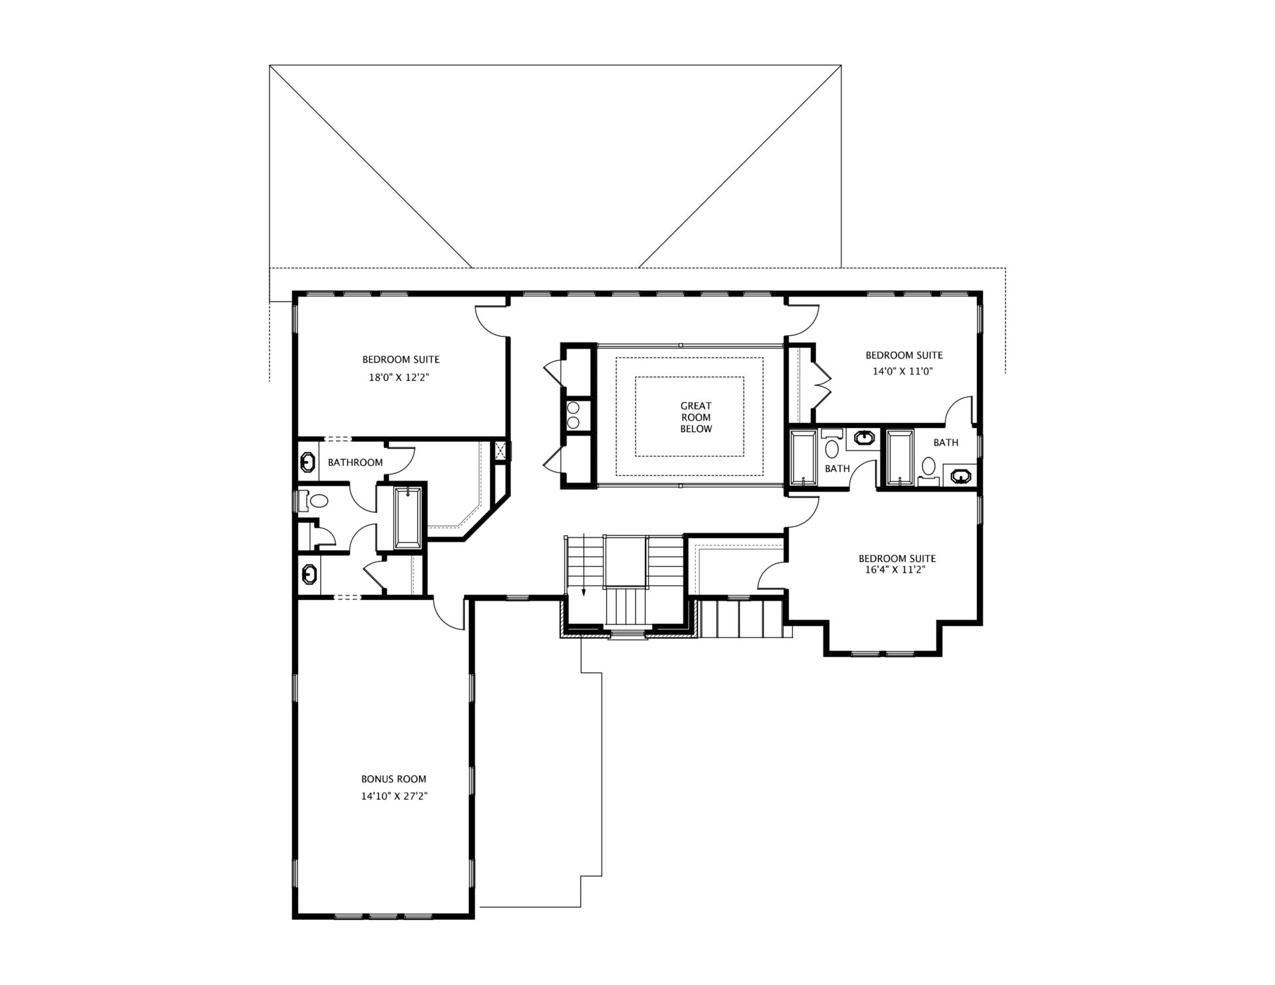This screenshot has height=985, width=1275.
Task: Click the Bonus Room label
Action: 394,779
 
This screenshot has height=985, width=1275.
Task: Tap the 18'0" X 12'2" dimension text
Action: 400,378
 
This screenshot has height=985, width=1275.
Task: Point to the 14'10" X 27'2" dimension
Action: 394,796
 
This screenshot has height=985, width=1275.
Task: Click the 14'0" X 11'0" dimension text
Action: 903,372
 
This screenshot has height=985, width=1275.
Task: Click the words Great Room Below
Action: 696,417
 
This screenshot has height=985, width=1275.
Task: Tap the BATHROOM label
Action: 355,463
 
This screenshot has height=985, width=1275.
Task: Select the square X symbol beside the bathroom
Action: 501,451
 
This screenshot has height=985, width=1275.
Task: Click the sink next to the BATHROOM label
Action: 308,462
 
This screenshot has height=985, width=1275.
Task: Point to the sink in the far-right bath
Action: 961,475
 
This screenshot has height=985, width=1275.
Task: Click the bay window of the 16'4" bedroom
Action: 883,653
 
